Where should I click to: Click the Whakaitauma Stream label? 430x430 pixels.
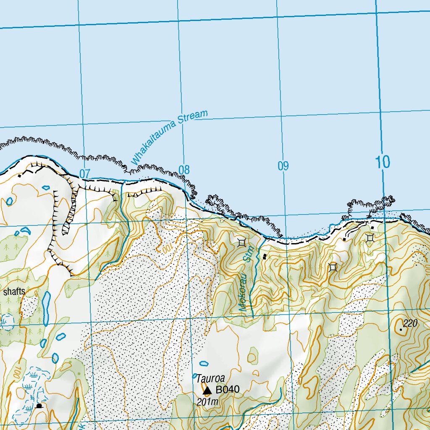coord(169,137)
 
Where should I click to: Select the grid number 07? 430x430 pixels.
coord(84,173)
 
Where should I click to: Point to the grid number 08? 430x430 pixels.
coord(184,170)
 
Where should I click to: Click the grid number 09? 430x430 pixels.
coord(283,166)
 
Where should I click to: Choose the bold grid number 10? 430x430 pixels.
coord(383,162)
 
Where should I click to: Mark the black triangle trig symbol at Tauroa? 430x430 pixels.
coord(207,391)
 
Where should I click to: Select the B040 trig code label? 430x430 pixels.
coord(227,390)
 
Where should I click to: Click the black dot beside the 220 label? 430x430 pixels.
coord(401,330)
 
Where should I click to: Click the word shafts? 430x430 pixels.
coord(14,292)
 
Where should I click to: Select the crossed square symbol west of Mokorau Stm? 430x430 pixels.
coord(241,242)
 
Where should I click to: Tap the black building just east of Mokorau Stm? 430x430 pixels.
coord(264,257)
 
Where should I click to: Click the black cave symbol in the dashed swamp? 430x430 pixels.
coord(39,406)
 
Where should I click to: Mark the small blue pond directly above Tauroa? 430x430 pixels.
coord(204,364)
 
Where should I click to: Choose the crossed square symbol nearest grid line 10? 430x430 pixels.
coord(370,238)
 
